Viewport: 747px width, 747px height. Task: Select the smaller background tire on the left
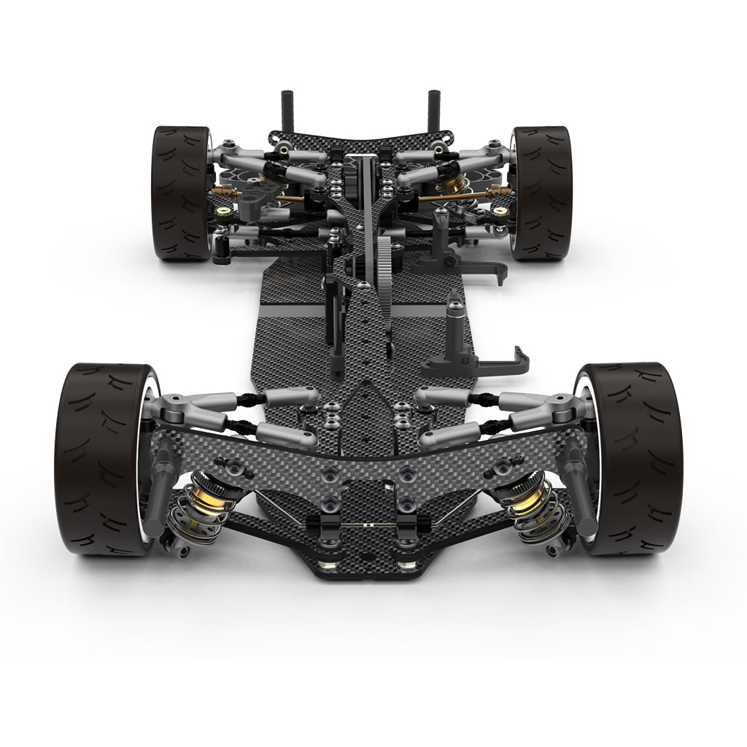pos(179,193)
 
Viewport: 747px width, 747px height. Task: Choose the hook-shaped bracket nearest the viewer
pos(511,360)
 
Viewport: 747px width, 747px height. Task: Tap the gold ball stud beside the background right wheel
pos(500,212)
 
